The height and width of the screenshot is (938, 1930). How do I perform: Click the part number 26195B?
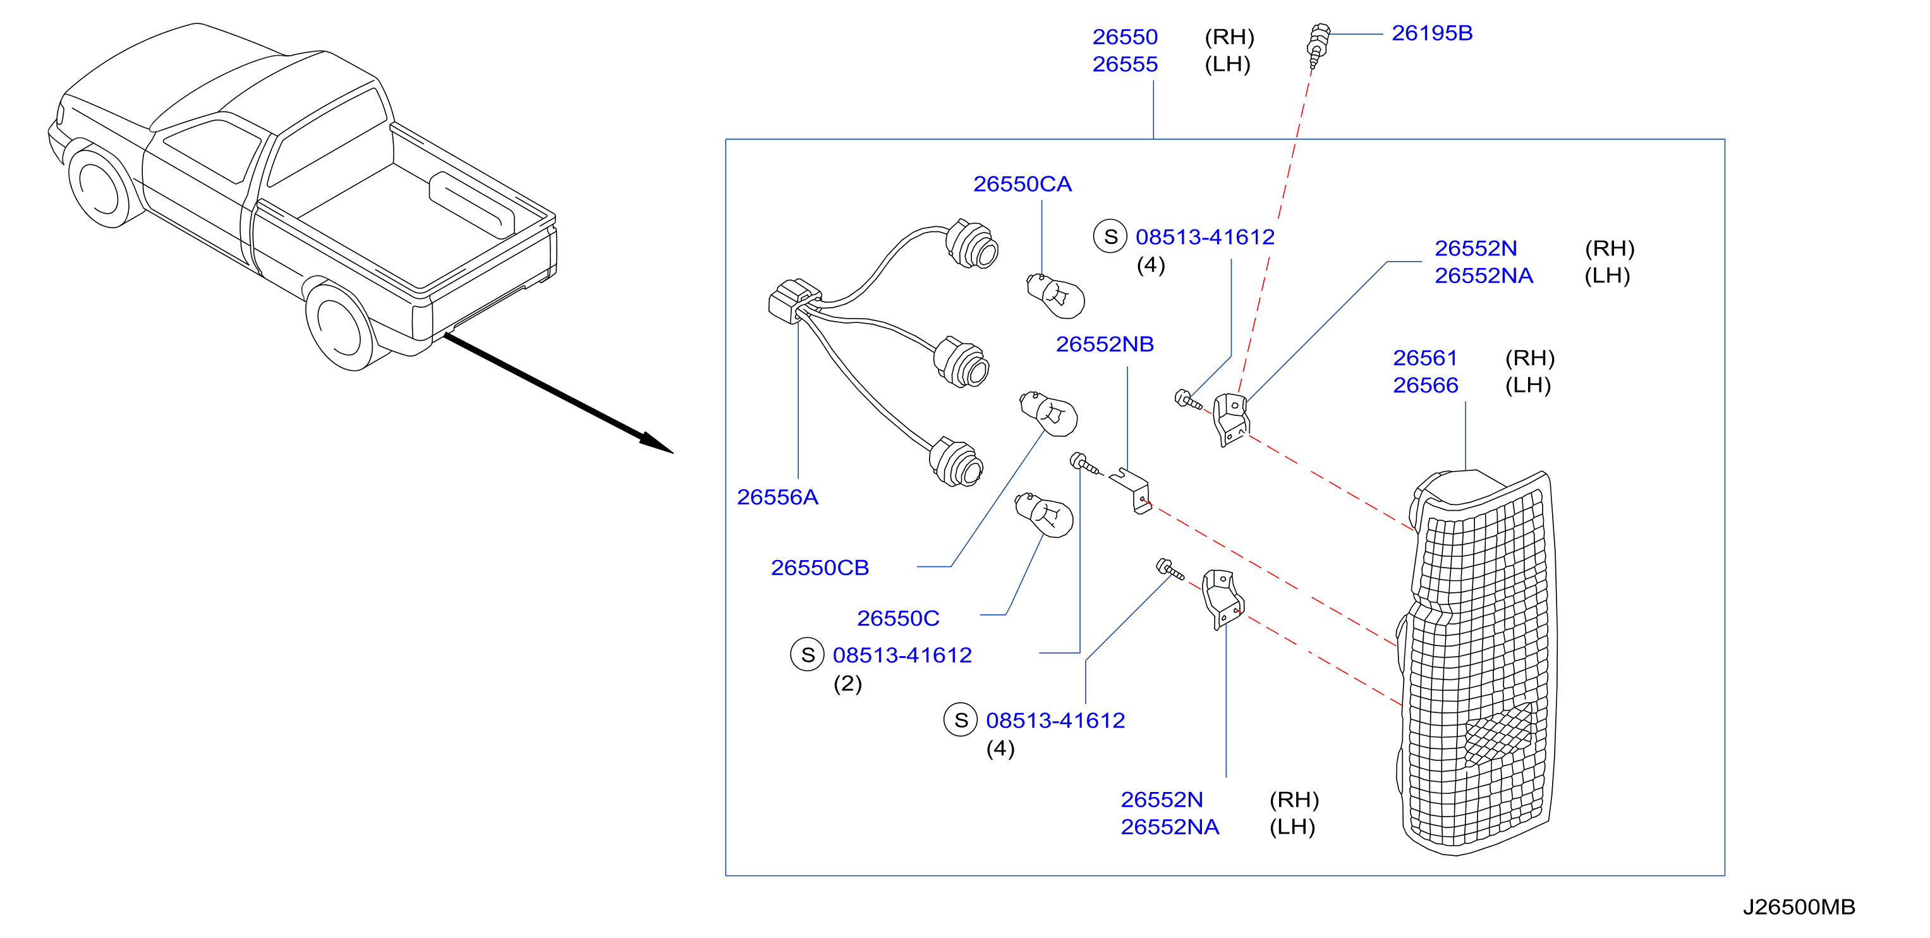point(1432,33)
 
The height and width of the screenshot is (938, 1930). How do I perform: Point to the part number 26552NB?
point(1105,344)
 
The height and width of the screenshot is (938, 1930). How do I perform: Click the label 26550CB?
point(820,567)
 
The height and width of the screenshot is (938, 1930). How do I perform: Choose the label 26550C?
point(897,618)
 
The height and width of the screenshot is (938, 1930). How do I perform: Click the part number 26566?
point(1425,385)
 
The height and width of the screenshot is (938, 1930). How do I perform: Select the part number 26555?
point(1125,64)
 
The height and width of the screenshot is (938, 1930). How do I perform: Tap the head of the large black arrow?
point(657,443)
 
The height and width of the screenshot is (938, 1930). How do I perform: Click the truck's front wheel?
point(101,187)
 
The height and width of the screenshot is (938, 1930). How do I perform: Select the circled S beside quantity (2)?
point(807,655)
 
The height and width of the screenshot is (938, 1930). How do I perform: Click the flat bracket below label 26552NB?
point(1131,490)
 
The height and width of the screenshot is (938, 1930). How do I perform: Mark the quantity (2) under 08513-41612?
point(847,683)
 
